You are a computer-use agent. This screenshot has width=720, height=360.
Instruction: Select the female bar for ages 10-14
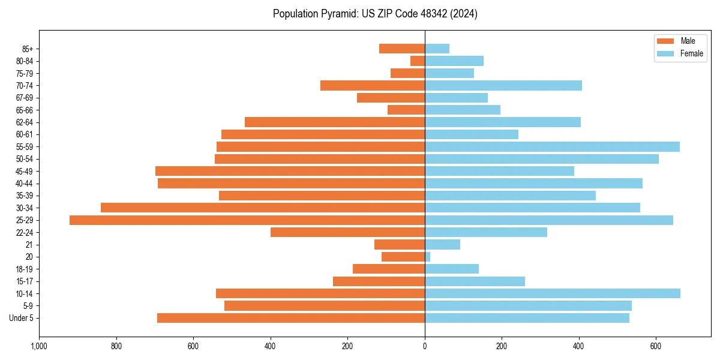pos(552,293)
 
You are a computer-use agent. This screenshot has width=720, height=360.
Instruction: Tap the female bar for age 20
pos(427,257)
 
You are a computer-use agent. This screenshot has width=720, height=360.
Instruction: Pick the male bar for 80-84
pos(418,61)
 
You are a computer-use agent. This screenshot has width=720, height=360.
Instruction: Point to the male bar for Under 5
pos(291,318)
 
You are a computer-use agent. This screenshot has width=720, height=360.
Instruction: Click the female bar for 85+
pos(437,49)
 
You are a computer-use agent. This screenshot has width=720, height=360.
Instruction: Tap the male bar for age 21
pos(400,245)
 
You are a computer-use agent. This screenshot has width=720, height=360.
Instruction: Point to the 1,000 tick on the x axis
pos(40,346)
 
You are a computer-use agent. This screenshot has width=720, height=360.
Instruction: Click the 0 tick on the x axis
pos(425,346)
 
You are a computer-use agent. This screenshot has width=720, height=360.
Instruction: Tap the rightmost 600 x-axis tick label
pos(656,346)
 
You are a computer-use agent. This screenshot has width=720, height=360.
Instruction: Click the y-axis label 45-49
pos(25,171)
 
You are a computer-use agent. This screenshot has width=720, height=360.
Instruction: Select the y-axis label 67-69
pos(25,98)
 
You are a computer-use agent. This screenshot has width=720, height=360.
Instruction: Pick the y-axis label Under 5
pos(21,318)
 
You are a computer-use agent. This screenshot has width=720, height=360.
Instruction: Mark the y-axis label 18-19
pos(25,269)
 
